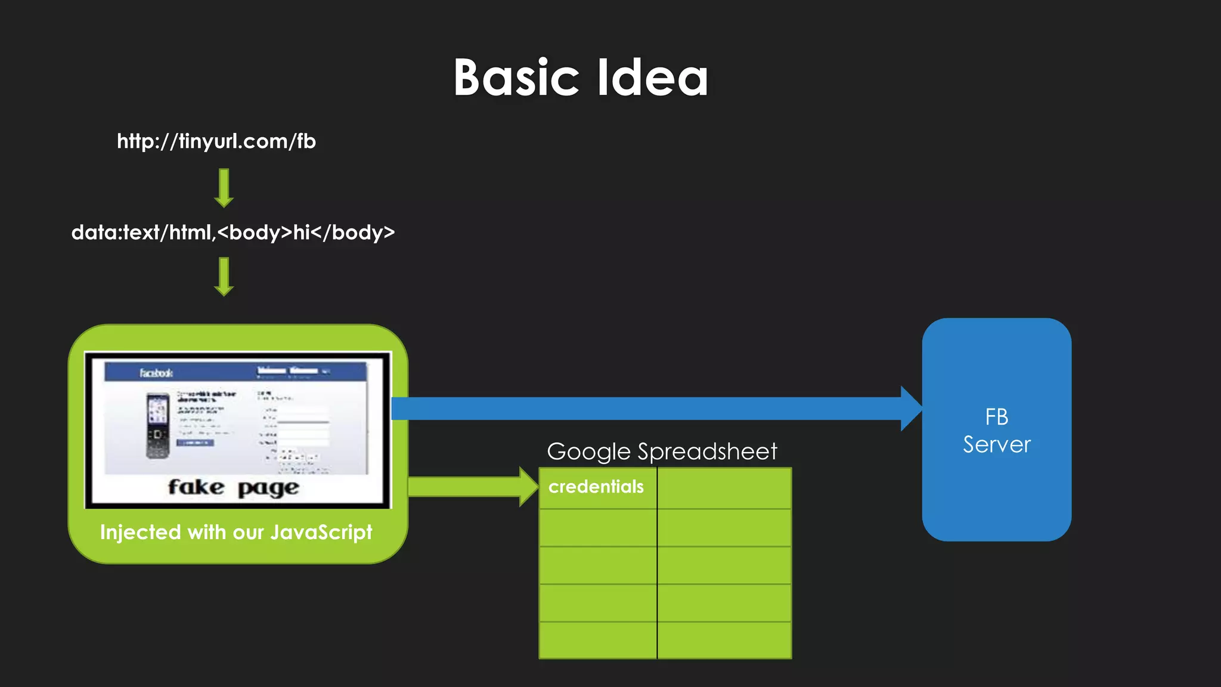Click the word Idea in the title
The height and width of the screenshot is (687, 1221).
click(652, 78)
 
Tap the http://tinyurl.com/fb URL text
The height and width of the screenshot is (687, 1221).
click(216, 141)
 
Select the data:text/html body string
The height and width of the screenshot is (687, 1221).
click(233, 232)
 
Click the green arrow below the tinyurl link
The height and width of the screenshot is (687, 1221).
click(224, 188)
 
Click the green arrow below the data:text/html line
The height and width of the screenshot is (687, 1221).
click(224, 276)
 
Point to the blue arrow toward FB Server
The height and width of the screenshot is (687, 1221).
click(656, 409)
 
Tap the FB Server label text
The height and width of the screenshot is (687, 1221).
click(996, 431)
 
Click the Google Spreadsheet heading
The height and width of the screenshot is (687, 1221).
click(662, 451)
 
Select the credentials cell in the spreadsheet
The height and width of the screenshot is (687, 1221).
click(597, 487)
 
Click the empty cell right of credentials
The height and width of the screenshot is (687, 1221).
click(724, 488)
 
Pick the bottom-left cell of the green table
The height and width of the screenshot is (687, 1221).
click(598, 640)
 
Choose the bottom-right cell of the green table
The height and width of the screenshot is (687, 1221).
click(724, 640)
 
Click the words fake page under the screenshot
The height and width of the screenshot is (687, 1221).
click(233, 488)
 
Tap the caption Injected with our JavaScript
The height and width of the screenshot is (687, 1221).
click(236, 532)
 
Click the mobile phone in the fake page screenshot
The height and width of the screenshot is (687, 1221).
click(158, 426)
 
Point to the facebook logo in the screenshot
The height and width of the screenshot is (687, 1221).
click(156, 373)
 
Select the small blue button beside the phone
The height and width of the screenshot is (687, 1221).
click(195, 442)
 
